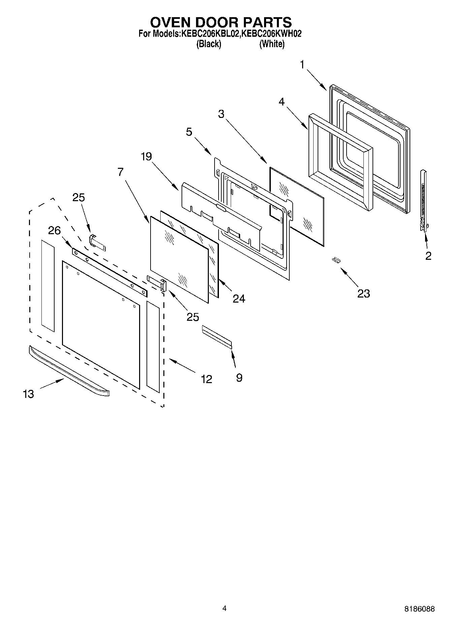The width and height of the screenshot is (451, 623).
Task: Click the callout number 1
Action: point(302,64)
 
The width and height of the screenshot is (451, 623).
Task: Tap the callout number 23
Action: point(363,293)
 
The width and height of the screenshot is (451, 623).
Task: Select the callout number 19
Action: point(147,156)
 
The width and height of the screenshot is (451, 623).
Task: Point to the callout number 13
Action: point(29,394)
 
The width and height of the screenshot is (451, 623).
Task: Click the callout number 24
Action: point(239,299)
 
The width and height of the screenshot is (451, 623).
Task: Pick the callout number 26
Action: point(54,230)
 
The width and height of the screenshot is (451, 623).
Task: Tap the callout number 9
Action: point(239,378)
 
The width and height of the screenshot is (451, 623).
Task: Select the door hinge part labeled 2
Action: point(423,201)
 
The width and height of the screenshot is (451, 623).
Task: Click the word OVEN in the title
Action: point(171,22)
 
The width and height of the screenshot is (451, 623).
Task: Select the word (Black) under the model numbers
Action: point(209,44)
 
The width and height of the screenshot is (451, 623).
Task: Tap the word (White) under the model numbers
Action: point(272,44)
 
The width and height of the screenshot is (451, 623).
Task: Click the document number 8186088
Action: point(419,609)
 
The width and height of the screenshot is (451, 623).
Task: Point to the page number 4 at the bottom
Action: point(224,608)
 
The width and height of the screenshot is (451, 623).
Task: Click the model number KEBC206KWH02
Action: point(271,34)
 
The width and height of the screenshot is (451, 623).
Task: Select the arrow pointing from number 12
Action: point(182,366)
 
